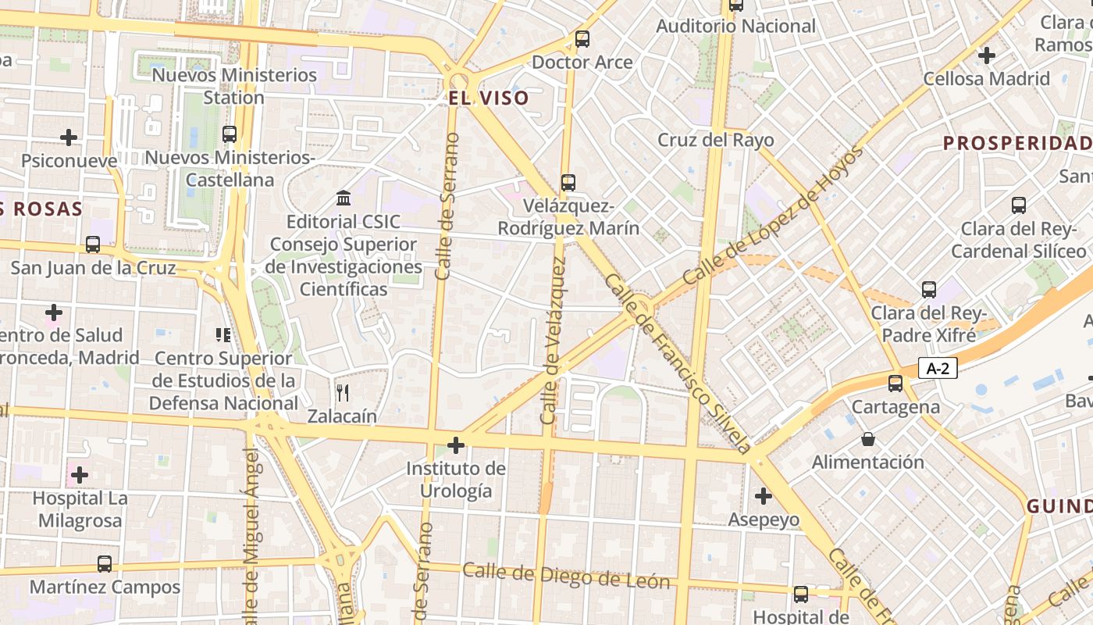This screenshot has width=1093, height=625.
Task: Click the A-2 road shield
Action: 938,368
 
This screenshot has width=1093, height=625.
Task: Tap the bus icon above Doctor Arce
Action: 582,38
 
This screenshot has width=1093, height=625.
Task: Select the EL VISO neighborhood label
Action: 489,98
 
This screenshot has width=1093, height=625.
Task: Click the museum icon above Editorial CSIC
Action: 344,198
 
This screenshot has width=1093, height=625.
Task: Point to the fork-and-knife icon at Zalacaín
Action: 342,392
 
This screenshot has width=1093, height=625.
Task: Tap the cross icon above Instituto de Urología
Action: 456,445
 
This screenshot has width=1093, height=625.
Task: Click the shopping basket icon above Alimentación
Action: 867,439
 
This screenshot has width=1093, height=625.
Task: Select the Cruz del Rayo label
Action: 716,140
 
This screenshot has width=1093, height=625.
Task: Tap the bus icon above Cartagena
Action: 895,384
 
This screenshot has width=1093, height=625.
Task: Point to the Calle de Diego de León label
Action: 566,575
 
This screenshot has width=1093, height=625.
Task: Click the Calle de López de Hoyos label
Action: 773,216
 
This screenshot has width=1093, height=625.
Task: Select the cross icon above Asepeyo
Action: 764,496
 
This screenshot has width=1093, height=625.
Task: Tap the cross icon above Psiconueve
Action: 69,137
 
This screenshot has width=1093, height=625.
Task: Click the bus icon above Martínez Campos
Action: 105,563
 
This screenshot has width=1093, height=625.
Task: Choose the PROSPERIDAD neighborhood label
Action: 1017,143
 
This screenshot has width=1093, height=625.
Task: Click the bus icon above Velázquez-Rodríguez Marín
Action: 568,183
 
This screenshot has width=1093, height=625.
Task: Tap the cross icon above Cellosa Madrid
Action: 987,55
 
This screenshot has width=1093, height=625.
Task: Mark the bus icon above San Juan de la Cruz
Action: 93,245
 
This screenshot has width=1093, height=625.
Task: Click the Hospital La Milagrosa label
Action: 79,509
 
